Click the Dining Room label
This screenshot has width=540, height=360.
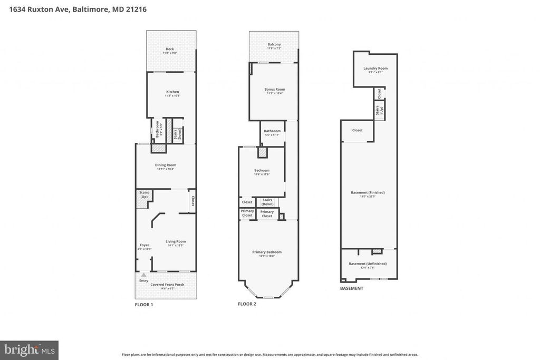(166, 165)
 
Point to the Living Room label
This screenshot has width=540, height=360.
(176, 241)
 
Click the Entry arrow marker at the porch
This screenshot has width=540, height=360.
(143, 275)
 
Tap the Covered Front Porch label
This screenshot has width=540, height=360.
(168, 285)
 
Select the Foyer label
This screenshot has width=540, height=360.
(144, 245)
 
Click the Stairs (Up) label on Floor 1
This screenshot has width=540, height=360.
(144, 194)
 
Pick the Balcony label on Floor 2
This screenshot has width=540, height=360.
(274, 44)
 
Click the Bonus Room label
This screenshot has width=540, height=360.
(275, 90)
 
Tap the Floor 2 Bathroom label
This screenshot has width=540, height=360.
(272, 131)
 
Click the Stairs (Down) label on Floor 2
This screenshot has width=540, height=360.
(267, 202)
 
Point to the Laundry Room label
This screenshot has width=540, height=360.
(375, 69)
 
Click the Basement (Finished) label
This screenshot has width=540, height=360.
(368, 192)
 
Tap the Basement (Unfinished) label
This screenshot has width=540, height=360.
(368, 264)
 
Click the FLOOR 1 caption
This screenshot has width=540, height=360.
(144, 305)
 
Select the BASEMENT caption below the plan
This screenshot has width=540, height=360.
(351, 288)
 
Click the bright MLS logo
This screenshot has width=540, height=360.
(29, 349)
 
